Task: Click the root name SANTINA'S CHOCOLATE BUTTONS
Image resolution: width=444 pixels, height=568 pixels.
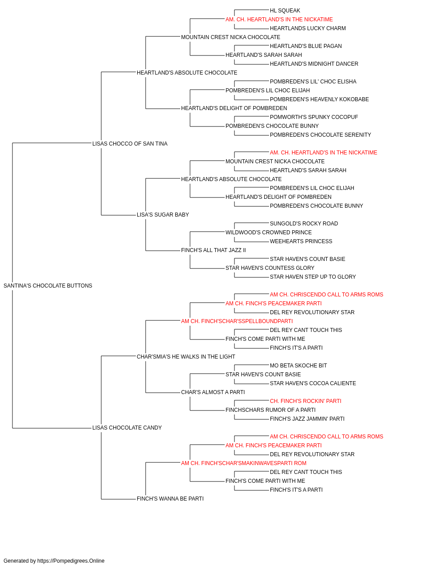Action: click(48, 286)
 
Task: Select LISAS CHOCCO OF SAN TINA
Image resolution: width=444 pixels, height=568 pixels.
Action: click(130, 143)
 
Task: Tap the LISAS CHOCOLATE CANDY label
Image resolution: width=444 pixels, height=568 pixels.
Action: click(127, 428)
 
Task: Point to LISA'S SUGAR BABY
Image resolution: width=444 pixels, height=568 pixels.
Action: click(163, 215)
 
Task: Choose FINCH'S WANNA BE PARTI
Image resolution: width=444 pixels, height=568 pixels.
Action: click(170, 499)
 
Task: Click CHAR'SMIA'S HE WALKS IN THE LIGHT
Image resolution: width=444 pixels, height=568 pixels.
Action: click(186, 356)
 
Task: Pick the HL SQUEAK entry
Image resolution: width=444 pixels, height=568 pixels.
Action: click(285, 11)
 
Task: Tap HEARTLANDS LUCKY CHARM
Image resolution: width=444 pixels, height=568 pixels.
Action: click(308, 28)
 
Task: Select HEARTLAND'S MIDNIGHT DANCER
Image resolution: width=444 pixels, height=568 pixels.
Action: click(314, 64)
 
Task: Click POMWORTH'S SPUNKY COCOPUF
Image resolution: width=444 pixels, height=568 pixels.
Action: click(314, 117)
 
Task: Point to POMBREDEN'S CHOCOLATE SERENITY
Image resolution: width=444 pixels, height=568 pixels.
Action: click(320, 135)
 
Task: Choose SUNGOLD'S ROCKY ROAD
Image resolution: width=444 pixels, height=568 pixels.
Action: click(304, 224)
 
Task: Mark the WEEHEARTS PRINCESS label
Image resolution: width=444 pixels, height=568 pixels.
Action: click(301, 241)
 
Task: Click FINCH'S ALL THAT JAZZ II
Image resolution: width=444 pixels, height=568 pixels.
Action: click(214, 250)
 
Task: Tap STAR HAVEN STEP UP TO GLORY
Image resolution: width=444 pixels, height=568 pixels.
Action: click(313, 277)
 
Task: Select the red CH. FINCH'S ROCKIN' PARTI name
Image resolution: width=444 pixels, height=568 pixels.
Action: click(305, 401)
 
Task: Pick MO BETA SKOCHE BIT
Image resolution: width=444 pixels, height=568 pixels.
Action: click(298, 365)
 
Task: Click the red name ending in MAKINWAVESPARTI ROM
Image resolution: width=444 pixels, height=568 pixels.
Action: click(244, 463)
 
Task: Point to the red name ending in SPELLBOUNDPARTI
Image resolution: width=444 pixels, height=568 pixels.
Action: click(237, 321)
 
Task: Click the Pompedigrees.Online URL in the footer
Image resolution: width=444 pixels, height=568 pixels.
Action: click(71, 561)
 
